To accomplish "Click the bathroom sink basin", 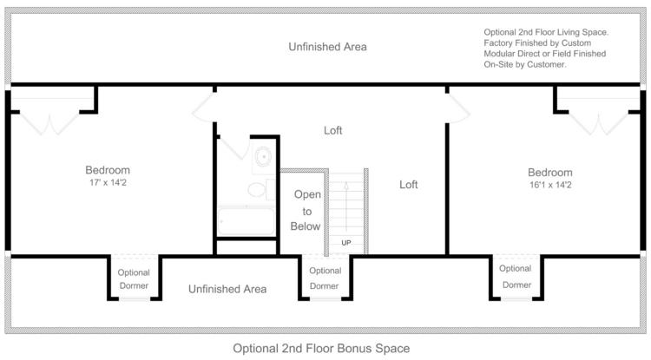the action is click(263, 157).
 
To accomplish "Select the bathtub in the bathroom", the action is click(247, 221).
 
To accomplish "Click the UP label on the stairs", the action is click(346, 243).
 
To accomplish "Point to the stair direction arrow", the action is click(346, 206).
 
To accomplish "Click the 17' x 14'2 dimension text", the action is click(108, 182).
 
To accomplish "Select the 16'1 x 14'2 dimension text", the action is click(550, 185).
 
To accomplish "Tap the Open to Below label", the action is click(306, 211).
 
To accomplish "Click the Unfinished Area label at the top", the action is click(327, 47).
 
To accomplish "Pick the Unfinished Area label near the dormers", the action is click(227, 289).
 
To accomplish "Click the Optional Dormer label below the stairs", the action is click(325, 278).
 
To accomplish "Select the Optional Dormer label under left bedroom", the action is click(134, 279).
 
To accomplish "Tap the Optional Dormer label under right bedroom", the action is click(516, 277).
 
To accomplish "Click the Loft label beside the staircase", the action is click(409, 185).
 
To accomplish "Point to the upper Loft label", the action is click(333, 130).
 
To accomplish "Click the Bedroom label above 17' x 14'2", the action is click(108, 170).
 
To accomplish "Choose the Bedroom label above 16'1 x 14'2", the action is click(550, 173).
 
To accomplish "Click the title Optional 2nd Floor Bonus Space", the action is click(321, 349).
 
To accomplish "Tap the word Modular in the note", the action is click(498, 54).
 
